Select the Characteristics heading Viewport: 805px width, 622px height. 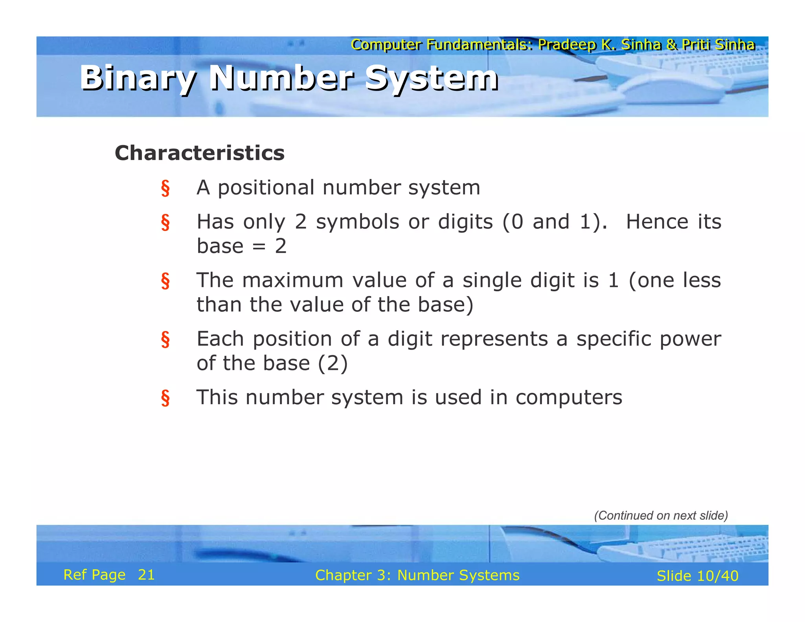tap(199, 153)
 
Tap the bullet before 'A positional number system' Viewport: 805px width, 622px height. tap(165, 188)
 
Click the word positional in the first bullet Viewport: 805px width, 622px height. tap(266, 188)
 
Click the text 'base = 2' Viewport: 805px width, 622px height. tap(241, 247)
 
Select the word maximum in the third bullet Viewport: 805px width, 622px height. tap(292, 281)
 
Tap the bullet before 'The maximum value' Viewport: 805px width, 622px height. tap(165, 282)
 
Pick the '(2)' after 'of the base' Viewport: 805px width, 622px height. tap(333, 363)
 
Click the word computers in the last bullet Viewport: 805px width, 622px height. tap(568, 397)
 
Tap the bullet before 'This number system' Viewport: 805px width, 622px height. tap(165, 398)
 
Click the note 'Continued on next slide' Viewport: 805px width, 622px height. tap(661, 515)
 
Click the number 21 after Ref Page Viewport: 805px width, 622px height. tap(146, 575)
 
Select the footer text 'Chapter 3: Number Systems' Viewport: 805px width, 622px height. tap(417, 575)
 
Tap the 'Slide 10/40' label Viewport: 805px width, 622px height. tap(697, 576)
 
